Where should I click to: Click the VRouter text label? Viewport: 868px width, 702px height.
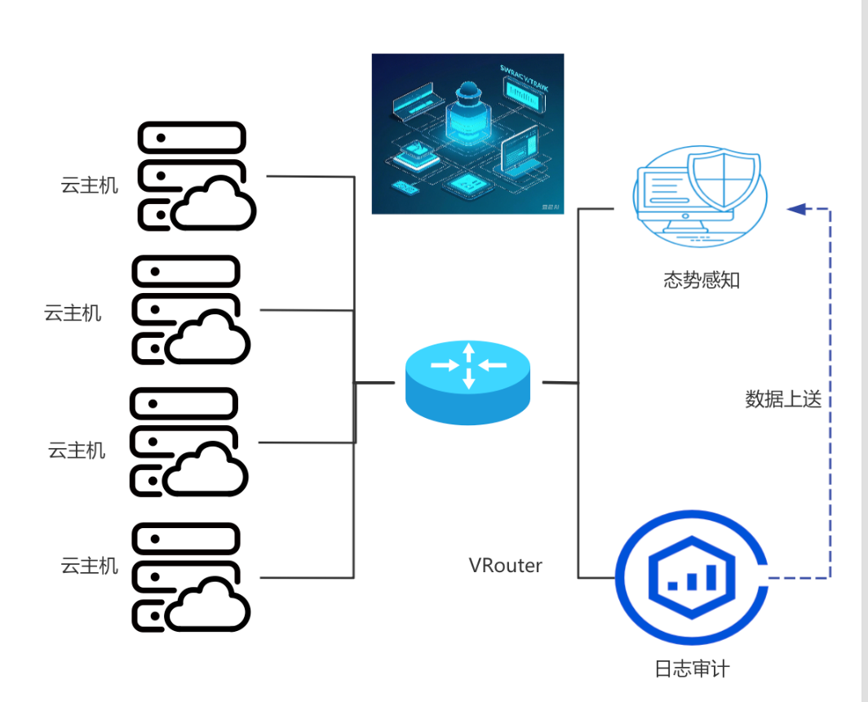coord(505,565)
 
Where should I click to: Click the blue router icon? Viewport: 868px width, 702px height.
coord(468,382)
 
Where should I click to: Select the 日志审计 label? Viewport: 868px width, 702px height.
coord(692,669)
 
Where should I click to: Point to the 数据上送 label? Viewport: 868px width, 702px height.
coord(783,399)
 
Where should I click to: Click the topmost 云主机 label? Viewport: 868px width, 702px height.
coord(90,185)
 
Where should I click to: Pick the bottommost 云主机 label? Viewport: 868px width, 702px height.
coord(90,565)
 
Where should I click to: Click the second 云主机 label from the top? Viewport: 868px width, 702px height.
coord(73,313)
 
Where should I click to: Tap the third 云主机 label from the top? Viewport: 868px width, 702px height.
coord(77,450)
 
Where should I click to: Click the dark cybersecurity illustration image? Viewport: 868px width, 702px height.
coord(467,134)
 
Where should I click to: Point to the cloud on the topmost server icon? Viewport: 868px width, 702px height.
coord(214,204)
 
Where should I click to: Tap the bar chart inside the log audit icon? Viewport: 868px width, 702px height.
coord(692,578)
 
